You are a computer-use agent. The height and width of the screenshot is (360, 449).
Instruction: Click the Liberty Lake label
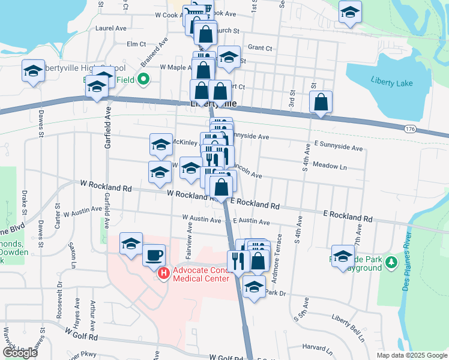[391, 83]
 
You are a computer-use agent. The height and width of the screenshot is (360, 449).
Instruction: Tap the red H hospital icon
[163, 274]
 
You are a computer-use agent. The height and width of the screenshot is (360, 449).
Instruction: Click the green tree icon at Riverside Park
[391, 262]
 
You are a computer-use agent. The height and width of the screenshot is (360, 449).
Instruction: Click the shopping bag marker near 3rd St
[321, 103]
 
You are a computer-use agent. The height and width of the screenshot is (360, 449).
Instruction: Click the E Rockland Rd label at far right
[348, 215]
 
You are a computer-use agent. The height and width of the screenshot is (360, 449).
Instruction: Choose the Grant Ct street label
[260, 47]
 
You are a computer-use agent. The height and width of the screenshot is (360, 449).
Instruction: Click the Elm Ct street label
[136, 44]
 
